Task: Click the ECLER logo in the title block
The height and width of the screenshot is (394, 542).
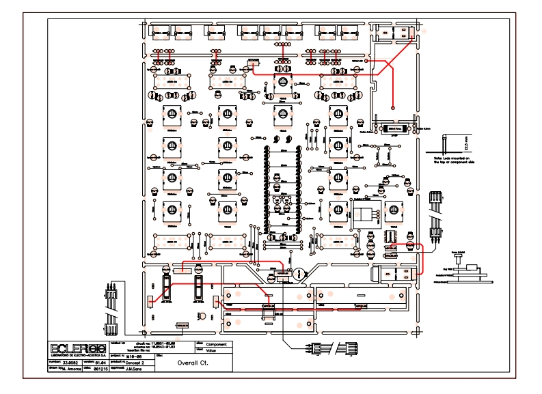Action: click(75, 347)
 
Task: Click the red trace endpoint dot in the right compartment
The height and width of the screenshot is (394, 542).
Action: click(393, 107)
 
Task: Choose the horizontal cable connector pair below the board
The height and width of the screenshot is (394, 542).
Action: click(333, 346)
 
